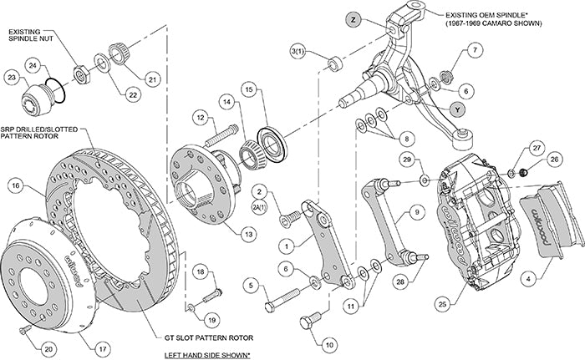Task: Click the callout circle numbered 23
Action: pyautogui.click(x=12, y=78)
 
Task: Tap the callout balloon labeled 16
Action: pyautogui.click(x=14, y=185)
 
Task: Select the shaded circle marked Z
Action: pyautogui.click(x=354, y=18)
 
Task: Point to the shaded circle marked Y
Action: pyautogui.click(x=457, y=109)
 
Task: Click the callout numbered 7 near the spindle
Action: pyautogui.click(x=474, y=51)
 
